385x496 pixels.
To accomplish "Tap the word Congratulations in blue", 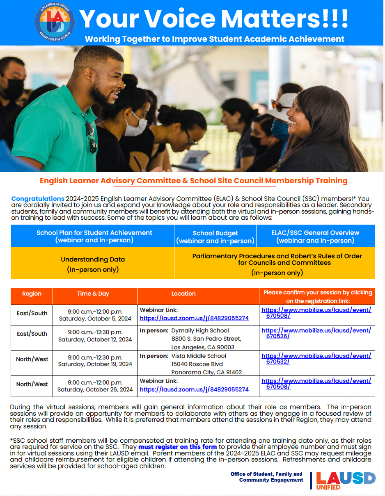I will pos(38,199).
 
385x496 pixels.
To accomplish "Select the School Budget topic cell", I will pos(215,237).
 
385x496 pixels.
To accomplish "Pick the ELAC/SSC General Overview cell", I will pos(315,236).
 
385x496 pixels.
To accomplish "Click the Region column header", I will pos(32,294).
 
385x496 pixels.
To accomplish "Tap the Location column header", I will pos(183,294).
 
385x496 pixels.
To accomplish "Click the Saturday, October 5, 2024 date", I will pos(95,319).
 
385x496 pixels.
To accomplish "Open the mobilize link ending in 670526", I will pos(316,333).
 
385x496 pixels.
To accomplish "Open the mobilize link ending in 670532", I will pos(316,358).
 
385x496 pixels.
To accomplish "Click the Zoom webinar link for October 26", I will pos(194,389).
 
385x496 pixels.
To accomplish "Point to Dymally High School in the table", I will pos(200,330).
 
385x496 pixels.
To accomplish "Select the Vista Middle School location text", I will pos(198,356).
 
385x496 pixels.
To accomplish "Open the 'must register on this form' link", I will pos(177,447).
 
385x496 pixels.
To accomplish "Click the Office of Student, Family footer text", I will pos(266,477).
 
